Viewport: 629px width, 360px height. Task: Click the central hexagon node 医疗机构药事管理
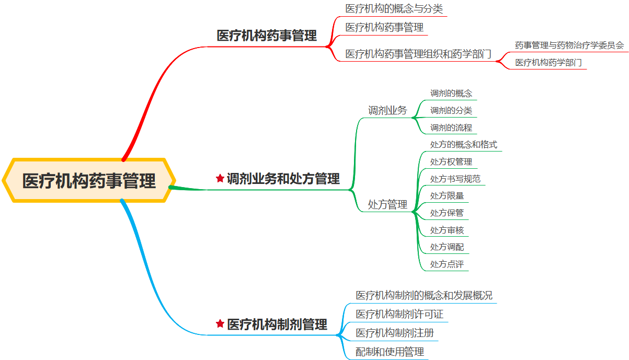(89, 181)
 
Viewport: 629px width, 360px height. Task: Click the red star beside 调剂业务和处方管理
(220, 179)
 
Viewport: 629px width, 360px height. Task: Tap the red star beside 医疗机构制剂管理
(220, 324)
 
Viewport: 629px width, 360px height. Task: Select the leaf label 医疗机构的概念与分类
(394, 9)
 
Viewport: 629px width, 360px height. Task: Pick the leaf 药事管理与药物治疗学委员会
(569, 45)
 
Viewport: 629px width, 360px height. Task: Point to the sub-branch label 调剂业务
(387, 110)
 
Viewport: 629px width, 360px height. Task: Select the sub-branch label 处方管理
(387, 205)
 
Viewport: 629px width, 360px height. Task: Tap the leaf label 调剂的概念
(451, 94)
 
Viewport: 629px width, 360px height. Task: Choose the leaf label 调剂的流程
(451, 127)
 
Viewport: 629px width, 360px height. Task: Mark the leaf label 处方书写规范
(455, 179)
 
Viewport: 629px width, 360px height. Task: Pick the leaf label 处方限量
(447, 196)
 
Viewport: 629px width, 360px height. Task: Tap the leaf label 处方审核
(447, 230)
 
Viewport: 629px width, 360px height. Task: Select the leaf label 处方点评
(447, 264)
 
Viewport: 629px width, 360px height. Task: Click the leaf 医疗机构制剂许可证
(399, 314)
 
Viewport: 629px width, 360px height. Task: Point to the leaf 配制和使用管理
(390, 352)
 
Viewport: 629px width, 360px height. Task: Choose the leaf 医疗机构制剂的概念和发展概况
(424, 295)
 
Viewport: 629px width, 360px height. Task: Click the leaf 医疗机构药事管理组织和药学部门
(418, 54)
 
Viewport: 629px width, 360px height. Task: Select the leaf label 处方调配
(447, 247)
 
